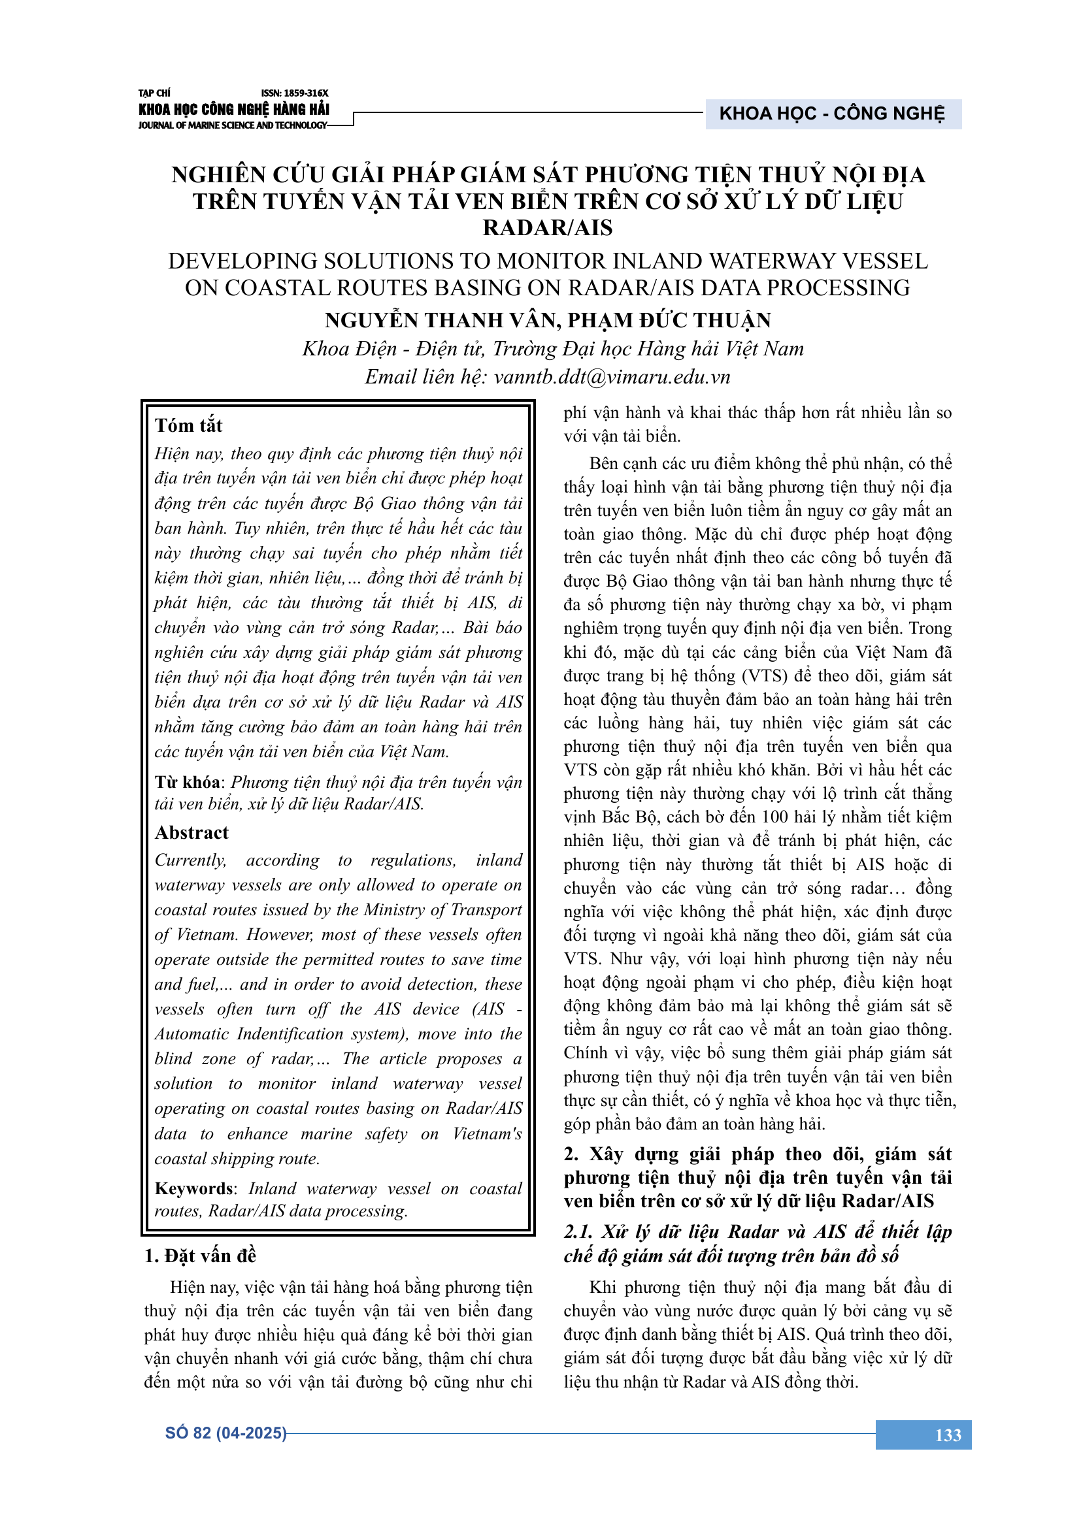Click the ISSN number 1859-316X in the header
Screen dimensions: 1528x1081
[x=294, y=93]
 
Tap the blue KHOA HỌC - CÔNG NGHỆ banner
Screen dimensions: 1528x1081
[x=832, y=114]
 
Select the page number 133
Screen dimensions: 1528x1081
[x=948, y=1435]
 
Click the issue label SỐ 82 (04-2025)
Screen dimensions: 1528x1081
[x=225, y=1433]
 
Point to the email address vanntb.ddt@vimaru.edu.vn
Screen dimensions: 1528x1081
[x=612, y=378]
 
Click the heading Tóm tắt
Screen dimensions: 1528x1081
[x=188, y=425]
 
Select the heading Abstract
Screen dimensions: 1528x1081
[x=191, y=832]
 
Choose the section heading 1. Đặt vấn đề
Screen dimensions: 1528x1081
[x=200, y=1256]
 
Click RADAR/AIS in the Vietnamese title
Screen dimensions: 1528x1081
[x=547, y=227]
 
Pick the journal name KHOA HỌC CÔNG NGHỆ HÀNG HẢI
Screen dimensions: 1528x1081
[x=233, y=109]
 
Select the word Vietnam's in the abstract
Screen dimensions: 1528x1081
[x=488, y=1133]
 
